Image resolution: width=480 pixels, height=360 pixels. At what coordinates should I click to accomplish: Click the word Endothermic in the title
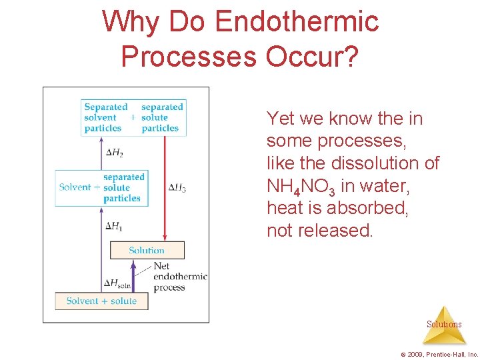click(297, 22)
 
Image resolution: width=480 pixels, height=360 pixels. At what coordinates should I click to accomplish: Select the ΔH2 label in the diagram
click(115, 153)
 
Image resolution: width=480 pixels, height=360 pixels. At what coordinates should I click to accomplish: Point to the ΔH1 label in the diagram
click(114, 226)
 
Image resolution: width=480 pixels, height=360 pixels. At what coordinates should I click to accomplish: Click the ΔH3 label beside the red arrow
click(177, 188)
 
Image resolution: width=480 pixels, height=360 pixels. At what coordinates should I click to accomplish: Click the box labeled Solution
click(147, 250)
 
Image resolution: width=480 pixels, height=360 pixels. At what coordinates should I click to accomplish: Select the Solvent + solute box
click(101, 301)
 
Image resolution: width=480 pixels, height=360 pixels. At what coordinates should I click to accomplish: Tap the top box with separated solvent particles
click(133, 117)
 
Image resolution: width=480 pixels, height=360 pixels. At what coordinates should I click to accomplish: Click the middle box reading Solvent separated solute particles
click(101, 187)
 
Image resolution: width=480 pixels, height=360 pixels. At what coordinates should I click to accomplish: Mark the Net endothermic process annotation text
click(179, 277)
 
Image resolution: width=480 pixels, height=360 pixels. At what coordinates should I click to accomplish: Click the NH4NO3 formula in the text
click(301, 186)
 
